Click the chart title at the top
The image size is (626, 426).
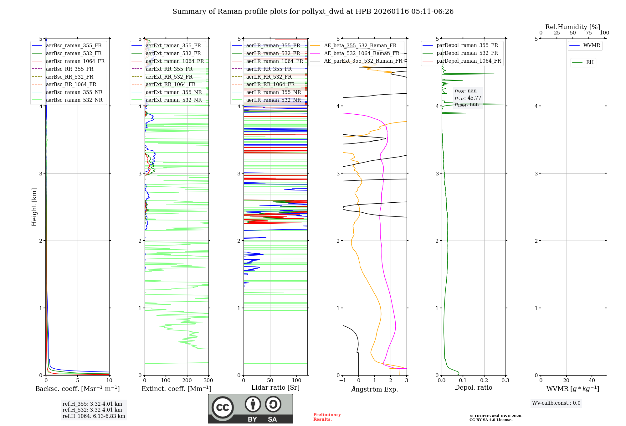[x=313, y=12]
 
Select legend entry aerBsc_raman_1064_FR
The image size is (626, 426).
[x=75, y=61]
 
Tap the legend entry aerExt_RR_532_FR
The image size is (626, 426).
[x=169, y=77]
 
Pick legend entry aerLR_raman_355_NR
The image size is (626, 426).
[x=273, y=92]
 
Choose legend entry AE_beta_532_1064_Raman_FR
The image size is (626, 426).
[x=362, y=53]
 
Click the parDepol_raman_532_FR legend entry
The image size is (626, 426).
[x=467, y=53]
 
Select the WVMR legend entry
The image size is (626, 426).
[x=592, y=45]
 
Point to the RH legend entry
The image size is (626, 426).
[x=590, y=62]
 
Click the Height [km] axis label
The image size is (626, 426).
[x=34, y=207]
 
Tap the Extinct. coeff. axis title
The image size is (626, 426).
[x=177, y=389]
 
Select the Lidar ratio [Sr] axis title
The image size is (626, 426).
[x=275, y=387]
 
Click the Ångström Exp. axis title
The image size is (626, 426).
[x=375, y=389]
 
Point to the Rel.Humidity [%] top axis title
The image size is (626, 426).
[x=572, y=27]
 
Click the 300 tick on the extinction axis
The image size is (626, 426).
[x=208, y=381]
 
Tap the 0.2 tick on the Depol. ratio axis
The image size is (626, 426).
[x=484, y=381]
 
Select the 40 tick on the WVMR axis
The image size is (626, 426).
[x=592, y=381]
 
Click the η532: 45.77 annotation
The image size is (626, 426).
[x=468, y=98]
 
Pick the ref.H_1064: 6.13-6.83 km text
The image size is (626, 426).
[x=94, y=416]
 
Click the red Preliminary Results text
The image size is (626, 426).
[x=327, y=417]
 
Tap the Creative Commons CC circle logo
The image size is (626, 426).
[x=223, y=408]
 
